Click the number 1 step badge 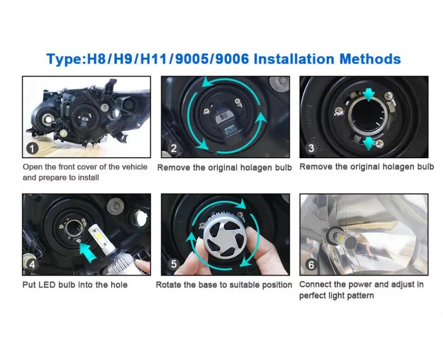32,149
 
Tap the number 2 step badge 174,148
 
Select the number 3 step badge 311,148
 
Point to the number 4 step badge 32,265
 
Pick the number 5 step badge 174,264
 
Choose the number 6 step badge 311,265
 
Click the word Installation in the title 294,59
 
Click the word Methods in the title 370,59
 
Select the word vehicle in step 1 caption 134,167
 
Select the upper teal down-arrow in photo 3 369,95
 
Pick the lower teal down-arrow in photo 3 369,143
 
